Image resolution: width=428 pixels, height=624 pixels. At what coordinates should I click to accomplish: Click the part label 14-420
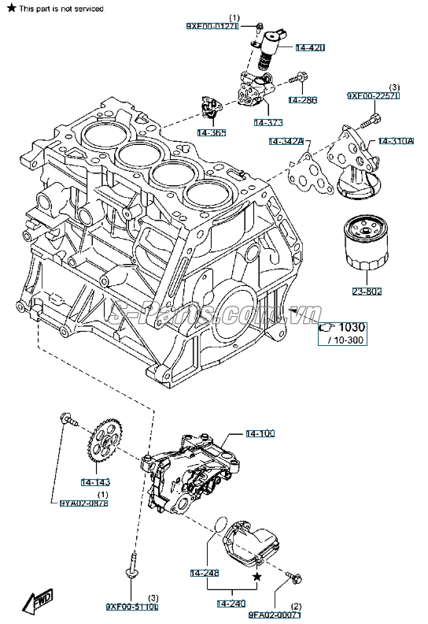click(x=310, y=48)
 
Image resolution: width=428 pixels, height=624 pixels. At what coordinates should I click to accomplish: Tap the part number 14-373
click(x=269, y=122)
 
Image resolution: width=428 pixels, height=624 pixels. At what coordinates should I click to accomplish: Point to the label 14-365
click(x=211, y=132)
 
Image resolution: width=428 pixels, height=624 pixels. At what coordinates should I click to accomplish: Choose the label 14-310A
click(x=396, y=142)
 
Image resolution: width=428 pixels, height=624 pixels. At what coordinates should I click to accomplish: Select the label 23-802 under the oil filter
click(x=367, y=292)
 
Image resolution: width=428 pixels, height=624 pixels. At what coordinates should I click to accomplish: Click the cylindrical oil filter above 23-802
click(x=363, y=248)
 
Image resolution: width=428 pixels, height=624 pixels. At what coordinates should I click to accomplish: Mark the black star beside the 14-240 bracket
click(x=256, y=578)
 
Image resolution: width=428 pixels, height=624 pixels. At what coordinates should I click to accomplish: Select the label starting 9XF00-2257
click(x=374, y=96)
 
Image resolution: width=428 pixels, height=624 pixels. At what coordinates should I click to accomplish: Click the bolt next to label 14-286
click(x=297, y=79)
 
